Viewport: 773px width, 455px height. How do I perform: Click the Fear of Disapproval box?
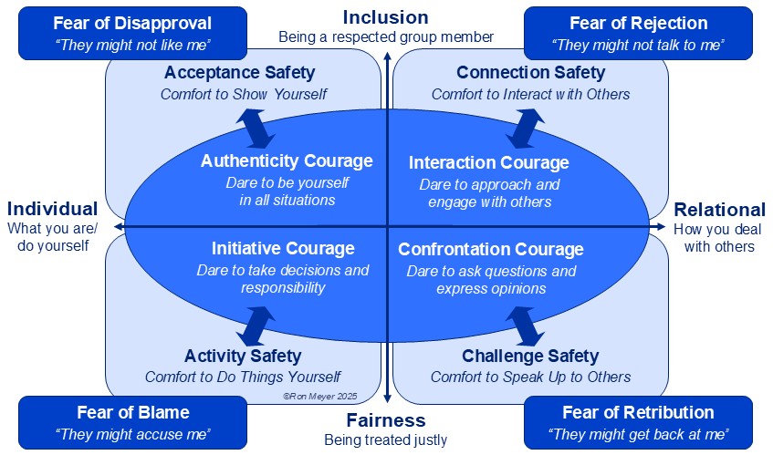click(x=132, y=33)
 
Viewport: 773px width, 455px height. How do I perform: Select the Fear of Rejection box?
click(x=639, y=33)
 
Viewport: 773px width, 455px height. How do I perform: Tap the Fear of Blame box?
click(x=132, y=422)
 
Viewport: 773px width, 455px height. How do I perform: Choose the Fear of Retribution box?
click(x=639, y=422)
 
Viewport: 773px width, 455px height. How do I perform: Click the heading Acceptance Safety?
click(x=240, y=72)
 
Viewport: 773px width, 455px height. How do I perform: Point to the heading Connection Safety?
click(x=531, y=72)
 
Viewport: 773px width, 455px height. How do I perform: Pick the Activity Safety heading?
click(x=243, y=356)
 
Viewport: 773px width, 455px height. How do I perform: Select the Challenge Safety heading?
click(x=530, y=356)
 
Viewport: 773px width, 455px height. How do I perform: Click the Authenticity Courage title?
click(x=287, y=161)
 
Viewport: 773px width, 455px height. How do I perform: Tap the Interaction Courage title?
click(x=489, y=162)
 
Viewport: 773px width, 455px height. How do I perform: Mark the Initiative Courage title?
click(x=283, y=248)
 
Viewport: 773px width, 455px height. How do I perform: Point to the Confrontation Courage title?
click(x=491, y=249)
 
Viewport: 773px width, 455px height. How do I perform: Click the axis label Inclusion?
click(x=385, y=17)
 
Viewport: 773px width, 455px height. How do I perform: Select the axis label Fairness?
click(x=386, y=420)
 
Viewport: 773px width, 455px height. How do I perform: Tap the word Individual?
click(x=52, y=209)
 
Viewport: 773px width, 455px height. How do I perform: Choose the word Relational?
click(x=720, y=210)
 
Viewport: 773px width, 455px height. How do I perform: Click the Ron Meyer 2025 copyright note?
click(x=320, y=396)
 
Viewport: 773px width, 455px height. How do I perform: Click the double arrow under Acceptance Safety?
click(x=256, y=129)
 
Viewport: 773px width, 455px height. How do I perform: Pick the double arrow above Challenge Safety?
click(x=526, y=326)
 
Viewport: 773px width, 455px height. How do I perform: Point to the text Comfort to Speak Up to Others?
click(x=530, y=377)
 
